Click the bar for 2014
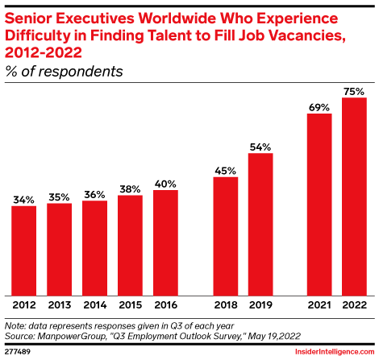click(x=94, y=247)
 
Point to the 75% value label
click(x=354, y=90)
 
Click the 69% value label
click(x=319, y=106)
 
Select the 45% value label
click(x=225, y=169)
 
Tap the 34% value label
click(x=24, y=198)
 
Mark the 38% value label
click(x=130, y=188)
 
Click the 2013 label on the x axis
click(x=59, y=306)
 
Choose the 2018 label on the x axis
click(x=225, y=306)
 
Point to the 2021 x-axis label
click(x=319, y=306)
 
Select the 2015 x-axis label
click(x=130, y=306)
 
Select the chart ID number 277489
click(x=18, y=352)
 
